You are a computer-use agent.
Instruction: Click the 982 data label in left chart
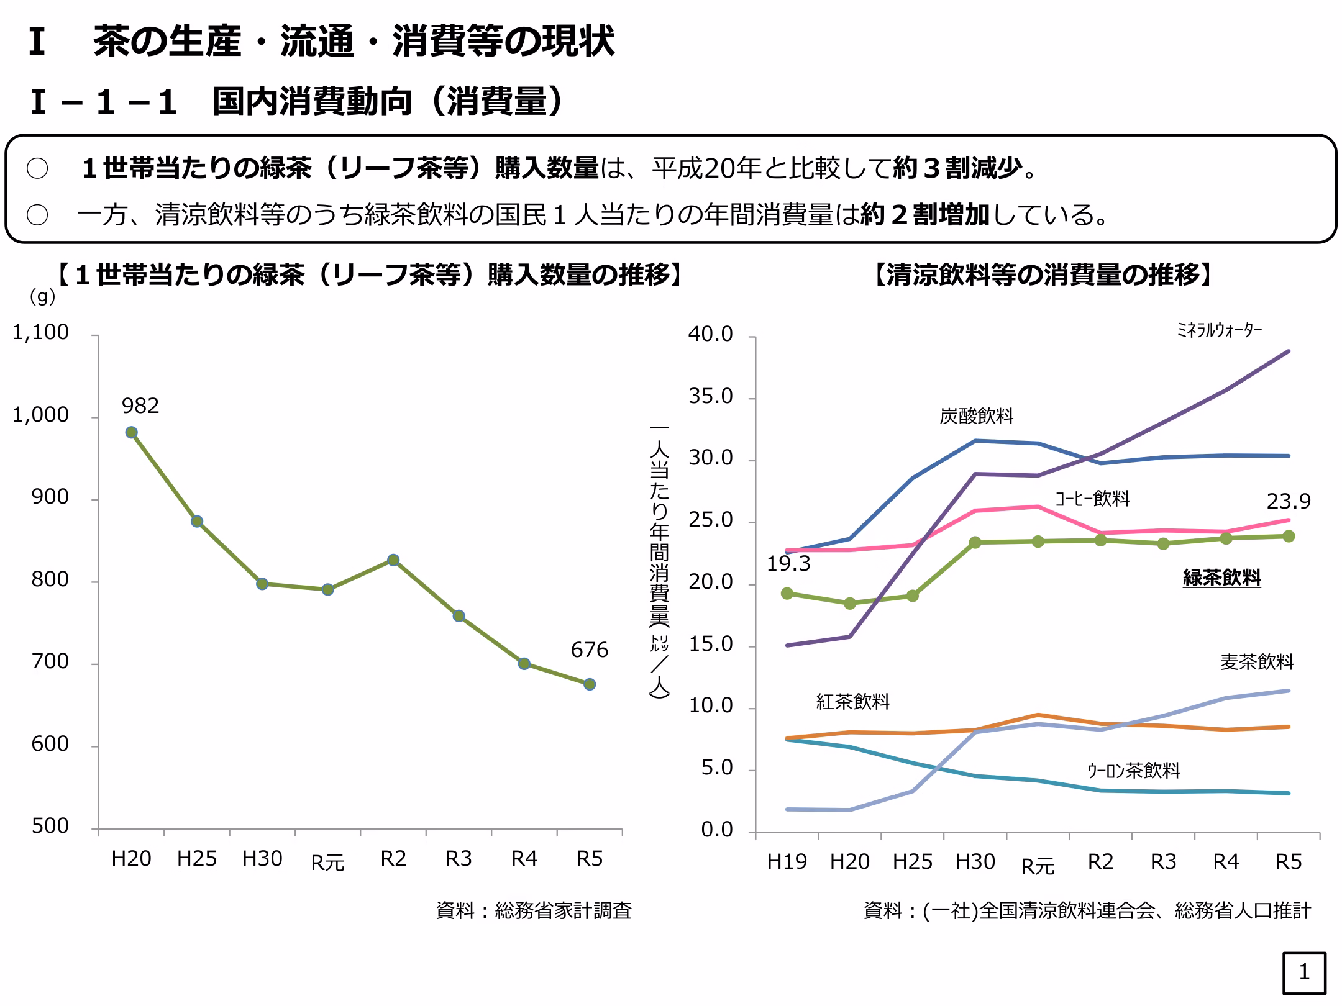(140, 406)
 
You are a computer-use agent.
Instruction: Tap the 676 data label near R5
(589, 650)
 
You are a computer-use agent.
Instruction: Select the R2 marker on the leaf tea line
(393, 560)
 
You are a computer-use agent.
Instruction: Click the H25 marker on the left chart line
(197, 522)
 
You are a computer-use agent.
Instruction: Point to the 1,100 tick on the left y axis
(40, 333)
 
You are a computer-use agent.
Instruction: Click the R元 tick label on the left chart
(327, 863)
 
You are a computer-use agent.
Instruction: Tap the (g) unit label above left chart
(42, 297)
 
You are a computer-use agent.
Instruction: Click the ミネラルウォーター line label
(1219, 330)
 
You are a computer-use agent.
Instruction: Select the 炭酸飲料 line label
(976, 416)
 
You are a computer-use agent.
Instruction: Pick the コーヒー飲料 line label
(1092, 499)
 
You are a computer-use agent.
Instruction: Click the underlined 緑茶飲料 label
(1221, 578)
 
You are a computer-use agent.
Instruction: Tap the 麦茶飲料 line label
(1256, 662)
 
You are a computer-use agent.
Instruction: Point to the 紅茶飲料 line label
(852, 702)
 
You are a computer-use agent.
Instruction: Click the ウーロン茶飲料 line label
(1133, 771)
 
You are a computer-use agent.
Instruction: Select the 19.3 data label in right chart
(788, 564)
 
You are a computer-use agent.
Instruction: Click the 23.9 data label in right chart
(1289, 501)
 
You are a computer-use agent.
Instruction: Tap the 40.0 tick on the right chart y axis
(710, 335)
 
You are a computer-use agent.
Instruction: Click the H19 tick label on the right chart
(787, 862)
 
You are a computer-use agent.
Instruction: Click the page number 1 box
(1304, 972)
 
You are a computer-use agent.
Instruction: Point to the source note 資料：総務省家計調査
(534, 911)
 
